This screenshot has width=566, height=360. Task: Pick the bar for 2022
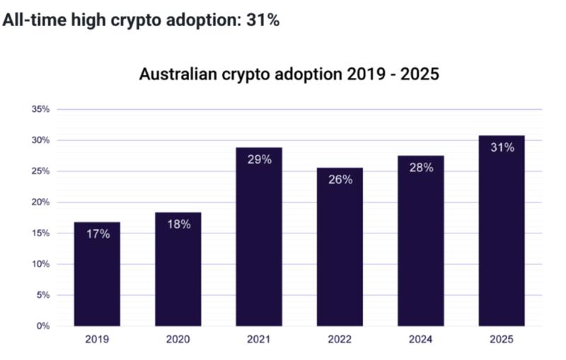pos(340,247)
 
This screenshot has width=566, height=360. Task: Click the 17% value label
pos(98,234)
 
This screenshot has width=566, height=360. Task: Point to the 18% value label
pos(178,224)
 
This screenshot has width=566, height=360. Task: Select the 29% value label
pos(259,159)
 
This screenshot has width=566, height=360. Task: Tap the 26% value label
pos(340,180)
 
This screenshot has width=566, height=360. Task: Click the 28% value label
pos(420,168)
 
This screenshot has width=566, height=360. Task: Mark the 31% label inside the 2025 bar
pos(502,147)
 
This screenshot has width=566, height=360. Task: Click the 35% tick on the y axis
pos(40,110)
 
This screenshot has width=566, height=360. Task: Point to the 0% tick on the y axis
pos(43,326)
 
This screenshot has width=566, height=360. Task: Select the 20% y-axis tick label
pos(40,202)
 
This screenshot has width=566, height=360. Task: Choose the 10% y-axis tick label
pos(40,264)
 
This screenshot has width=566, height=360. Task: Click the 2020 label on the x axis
pos(178,339)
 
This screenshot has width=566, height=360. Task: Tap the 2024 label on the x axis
pos(420,339)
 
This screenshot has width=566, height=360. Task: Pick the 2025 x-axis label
pos(502,339)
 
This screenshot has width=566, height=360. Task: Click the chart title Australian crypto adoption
pos(289,74)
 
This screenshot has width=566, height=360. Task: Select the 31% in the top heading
pos(262,21)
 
